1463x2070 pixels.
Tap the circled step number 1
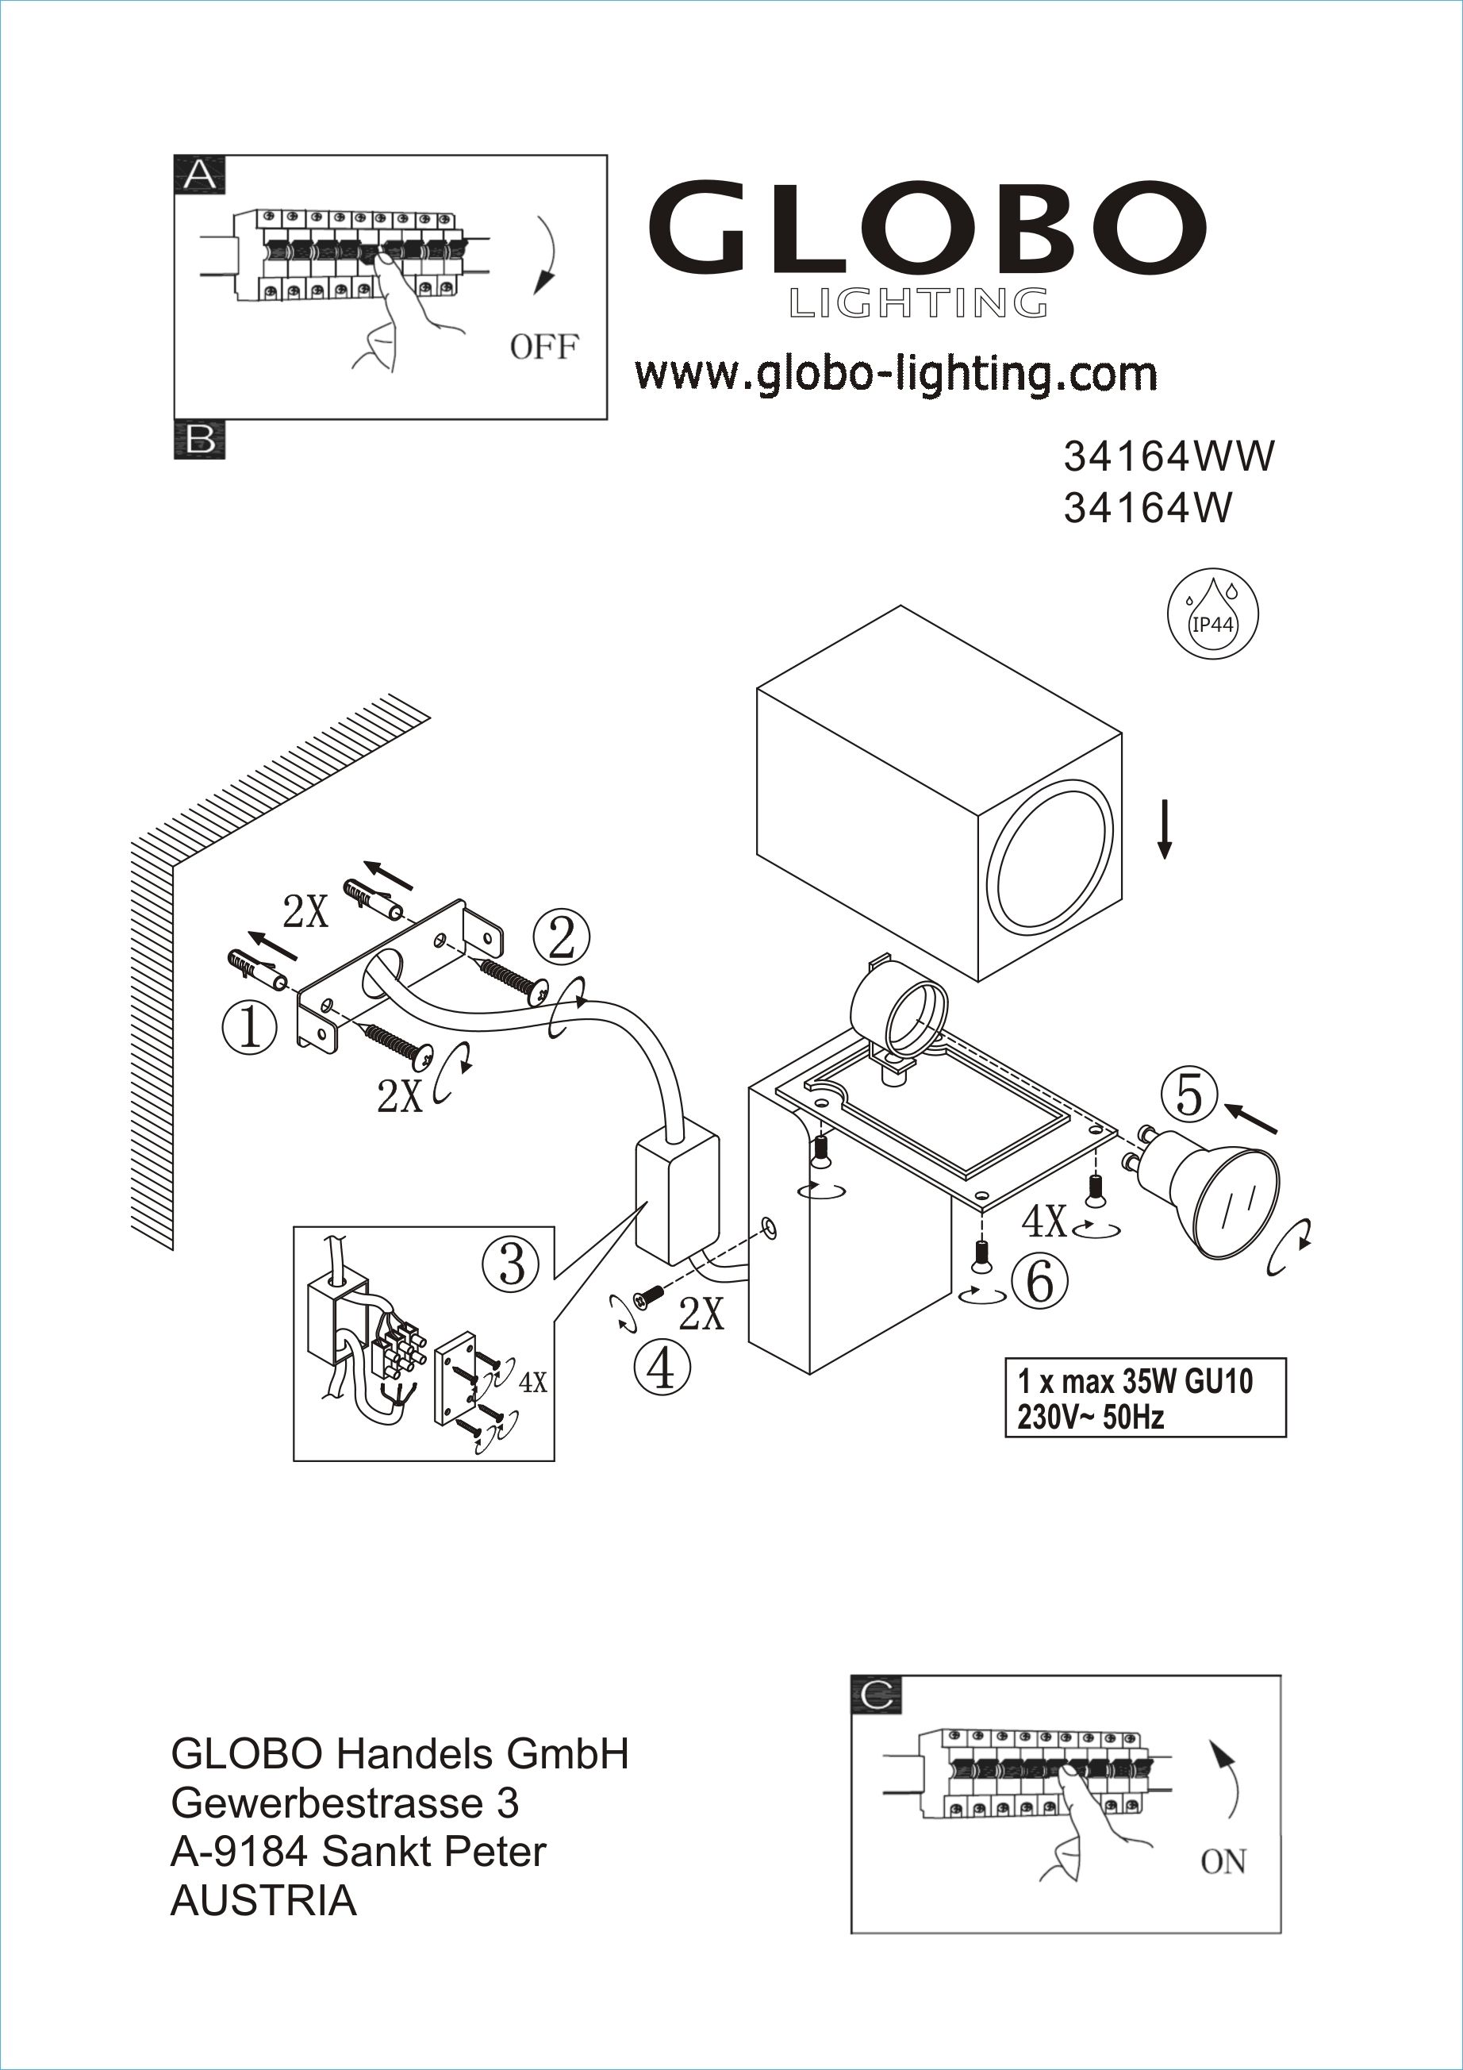pos(250,1028)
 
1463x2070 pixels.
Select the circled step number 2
pos(562,937)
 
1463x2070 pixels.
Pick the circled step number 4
pos(662,1368)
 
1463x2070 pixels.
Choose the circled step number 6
pos(1039,1281)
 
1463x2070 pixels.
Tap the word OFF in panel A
pos(543,347)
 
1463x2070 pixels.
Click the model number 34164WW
pos(1169,457)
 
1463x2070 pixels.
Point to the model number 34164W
pos(1147,510)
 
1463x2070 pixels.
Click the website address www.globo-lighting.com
pos(896,374)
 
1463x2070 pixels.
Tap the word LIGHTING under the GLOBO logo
pos(919,304)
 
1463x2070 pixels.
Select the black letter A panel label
pos(200,174)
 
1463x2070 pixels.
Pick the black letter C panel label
pos(876,1696)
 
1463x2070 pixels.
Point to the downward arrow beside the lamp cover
pos(1164,828)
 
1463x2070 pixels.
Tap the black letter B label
pos(200,440)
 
